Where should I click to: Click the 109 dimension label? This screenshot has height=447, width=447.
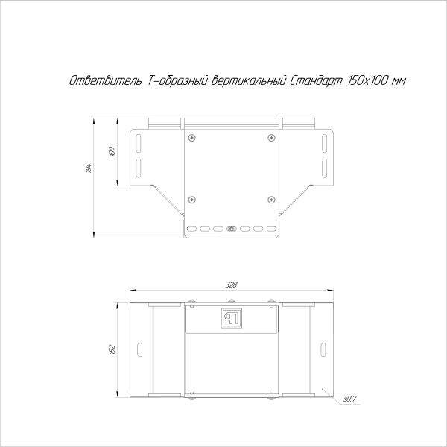coord(112,152)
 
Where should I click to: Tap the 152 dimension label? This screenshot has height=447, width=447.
coord(112,349)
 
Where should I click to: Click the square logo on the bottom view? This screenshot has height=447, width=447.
coord(231,318)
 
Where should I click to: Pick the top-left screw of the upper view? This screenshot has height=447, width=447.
coord(192,138)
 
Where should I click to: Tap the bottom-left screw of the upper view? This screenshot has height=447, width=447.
coord(192,199)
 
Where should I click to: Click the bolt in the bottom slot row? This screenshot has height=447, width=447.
coord(231,229)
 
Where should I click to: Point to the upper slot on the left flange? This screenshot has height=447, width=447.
coord(138,142)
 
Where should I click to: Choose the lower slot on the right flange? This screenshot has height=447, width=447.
coord(324,166)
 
